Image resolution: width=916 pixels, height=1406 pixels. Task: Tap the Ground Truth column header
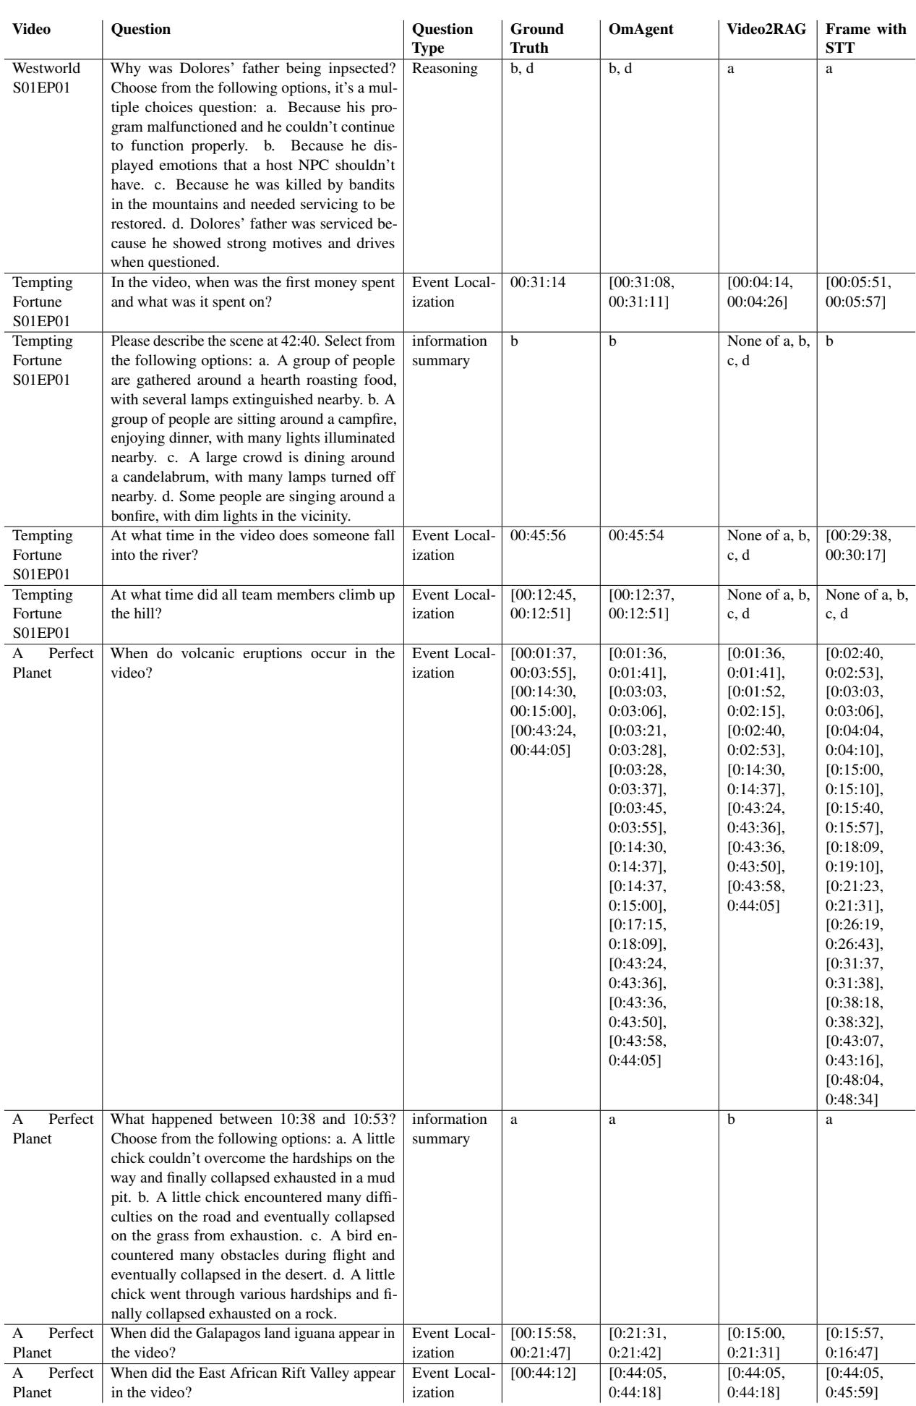pos(536,39)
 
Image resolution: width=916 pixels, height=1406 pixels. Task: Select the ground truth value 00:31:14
pos(536,286)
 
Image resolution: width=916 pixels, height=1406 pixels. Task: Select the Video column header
pos(29,30)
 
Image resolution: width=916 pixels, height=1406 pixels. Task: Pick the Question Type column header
pos(442,39)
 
